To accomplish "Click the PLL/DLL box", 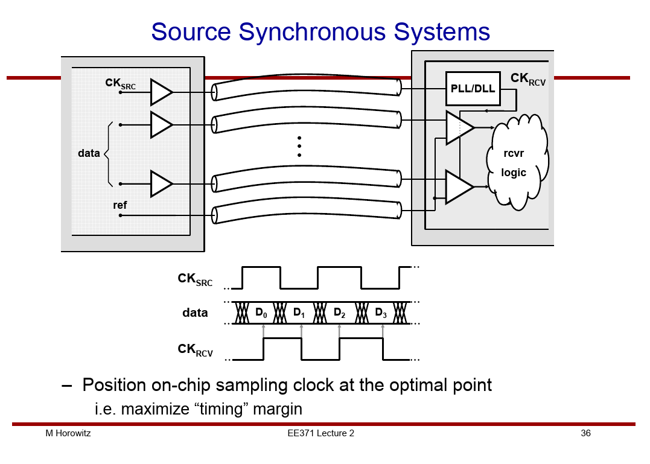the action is coord(473,89).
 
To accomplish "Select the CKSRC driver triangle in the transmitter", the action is coord(161,92).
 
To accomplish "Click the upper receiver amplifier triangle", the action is coord(459,127).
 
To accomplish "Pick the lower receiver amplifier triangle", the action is coord(459,187).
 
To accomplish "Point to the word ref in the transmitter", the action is coord(120,205).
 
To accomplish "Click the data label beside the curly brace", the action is coord(89,153).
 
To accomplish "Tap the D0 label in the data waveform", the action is coord(261,313).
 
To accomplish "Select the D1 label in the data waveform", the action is coord(299,313).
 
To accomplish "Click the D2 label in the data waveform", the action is coord(340,313).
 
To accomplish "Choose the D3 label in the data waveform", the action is coord(381,313).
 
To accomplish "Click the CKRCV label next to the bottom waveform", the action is coord(196,349).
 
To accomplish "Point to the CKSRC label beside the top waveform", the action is coord(196,279).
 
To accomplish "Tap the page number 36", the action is coord(585,433).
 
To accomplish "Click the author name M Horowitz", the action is coord(68,433).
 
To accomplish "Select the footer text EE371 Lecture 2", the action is coord(321,433).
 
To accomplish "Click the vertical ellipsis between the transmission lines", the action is coord(299,147).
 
